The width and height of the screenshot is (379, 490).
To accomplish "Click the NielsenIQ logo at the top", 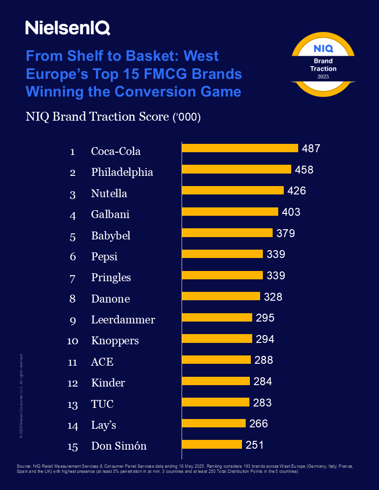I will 68,28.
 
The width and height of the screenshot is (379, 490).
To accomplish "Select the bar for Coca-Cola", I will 240,148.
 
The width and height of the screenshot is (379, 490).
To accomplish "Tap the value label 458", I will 304,170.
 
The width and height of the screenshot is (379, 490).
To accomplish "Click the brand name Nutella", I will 109,193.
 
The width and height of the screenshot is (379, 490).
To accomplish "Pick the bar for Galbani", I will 230,212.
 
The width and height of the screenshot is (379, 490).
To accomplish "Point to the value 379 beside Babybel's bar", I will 285,233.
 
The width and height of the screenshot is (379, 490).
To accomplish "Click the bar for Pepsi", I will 222,254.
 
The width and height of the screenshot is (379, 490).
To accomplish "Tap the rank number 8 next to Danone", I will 72,298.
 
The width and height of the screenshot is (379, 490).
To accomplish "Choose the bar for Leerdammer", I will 217,317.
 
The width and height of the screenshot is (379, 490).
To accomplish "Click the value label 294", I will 265,339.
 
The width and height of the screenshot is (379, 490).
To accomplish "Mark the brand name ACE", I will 102,362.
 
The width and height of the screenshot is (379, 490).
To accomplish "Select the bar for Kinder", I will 216,381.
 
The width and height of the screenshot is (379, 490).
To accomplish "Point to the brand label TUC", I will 102,404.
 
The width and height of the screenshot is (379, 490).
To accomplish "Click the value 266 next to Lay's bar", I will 259,424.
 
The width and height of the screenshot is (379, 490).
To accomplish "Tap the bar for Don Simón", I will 212,445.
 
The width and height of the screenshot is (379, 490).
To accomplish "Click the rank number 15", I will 72,446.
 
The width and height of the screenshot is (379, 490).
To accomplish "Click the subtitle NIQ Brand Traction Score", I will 113,117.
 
